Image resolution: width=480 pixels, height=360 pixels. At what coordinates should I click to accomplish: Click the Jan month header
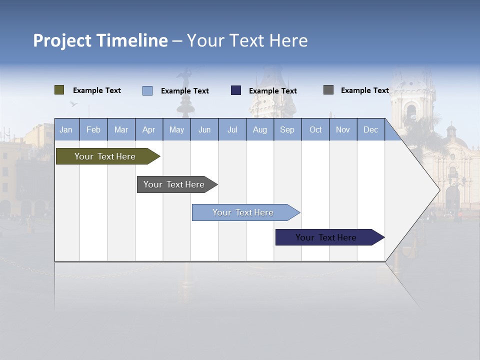coord(66,129)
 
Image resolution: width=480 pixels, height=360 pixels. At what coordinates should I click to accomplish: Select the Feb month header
coord(93,129)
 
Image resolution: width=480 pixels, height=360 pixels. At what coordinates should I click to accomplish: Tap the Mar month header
coord(121,129)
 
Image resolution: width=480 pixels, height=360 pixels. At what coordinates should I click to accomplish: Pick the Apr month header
coord(149,129)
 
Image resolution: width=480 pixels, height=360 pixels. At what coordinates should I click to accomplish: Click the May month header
coord(176,129)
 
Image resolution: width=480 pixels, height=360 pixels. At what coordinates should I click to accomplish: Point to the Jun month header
coord(204,129)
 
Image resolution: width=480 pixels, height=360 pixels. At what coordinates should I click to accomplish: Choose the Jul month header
coord(232,129)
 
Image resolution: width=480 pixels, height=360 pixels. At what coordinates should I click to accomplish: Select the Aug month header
coord(260,129)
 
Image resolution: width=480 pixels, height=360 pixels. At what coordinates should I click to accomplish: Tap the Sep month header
coord(287,129)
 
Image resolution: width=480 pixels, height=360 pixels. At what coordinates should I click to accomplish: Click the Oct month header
coord(315,129)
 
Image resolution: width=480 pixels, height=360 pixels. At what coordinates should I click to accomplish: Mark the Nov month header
coord(343,129)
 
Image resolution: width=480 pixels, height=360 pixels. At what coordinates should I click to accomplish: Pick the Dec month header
coord(371,129)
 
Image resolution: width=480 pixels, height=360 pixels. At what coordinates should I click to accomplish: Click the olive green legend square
coord(59,90)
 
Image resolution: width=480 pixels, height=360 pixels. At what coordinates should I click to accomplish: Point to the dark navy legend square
coord(236,90)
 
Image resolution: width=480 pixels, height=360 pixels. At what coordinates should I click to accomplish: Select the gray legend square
coord(328,90)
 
